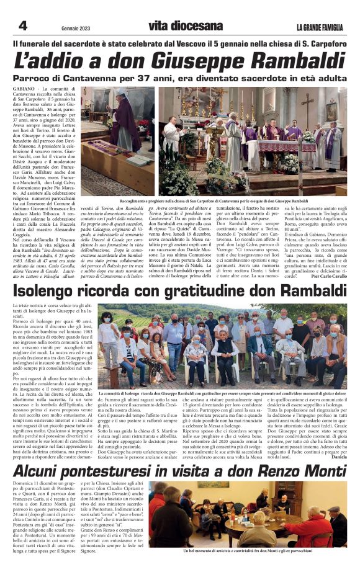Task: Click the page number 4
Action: click(x=24, y=26)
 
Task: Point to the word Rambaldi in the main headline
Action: click(x=290, y=62)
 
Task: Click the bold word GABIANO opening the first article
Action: click(x=24, y=90)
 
